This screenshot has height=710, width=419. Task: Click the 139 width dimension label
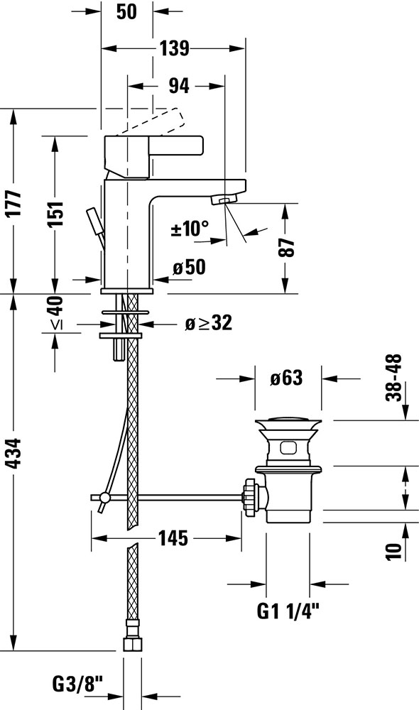175,48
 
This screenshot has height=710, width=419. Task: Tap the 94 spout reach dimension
179,86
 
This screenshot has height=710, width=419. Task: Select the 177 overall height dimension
15,203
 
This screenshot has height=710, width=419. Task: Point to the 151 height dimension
56,214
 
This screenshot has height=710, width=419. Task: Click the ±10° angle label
190,229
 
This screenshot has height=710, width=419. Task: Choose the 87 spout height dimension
286,247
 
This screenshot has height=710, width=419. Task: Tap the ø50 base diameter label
189,268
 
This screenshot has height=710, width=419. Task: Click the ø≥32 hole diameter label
209,323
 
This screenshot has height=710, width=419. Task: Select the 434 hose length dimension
15,453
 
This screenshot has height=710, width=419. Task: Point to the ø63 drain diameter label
286,378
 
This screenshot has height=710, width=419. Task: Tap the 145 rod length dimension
173,538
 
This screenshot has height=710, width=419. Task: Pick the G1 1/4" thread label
288,612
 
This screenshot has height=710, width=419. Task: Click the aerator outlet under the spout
224,200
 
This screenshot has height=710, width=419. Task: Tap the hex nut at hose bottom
132,644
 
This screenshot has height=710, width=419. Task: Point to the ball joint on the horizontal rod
104,498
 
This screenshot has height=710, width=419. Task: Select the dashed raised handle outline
151,121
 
